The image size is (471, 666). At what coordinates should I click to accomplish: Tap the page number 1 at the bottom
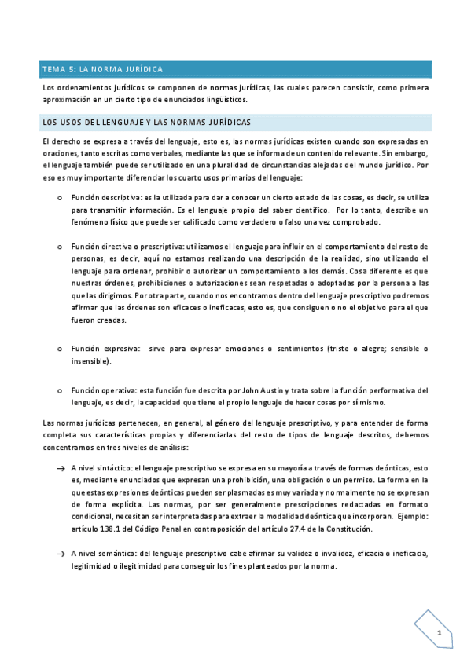[440, 633]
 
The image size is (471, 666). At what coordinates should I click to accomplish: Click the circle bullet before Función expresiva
[61, 349]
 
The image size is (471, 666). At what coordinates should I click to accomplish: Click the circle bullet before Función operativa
[61, 390]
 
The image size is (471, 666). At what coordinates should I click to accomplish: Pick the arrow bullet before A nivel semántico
[61, 554]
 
